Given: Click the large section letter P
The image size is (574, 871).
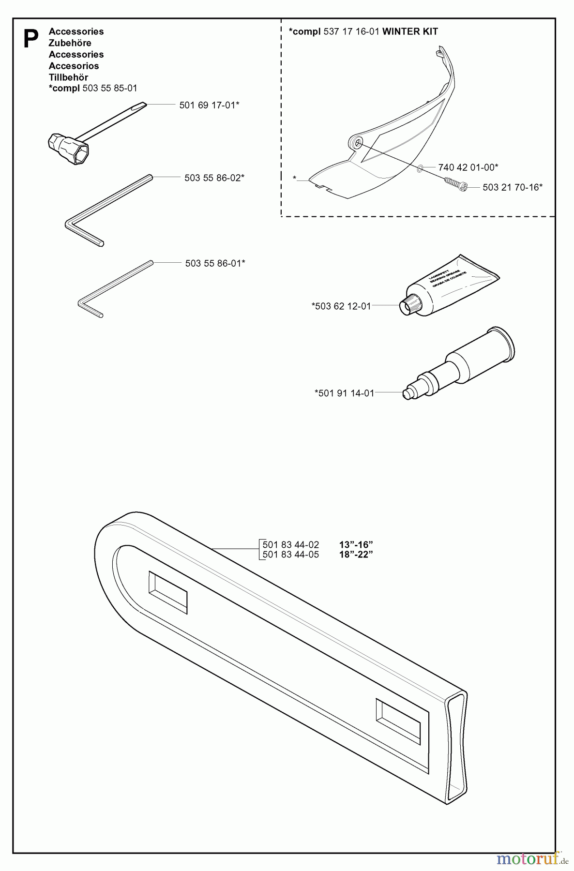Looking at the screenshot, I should tap(31, 39).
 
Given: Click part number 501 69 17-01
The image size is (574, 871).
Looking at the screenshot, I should tap(209, 105).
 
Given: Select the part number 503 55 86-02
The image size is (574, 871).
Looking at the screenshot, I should tap(214, 178).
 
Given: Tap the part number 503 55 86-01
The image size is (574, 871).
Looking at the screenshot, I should tap(215, 263).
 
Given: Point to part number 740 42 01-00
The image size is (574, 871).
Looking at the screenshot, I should tap(468, 167).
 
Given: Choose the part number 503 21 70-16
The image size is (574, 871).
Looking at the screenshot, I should tap(513, 187).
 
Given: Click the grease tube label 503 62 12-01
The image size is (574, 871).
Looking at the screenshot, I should tap(342, 306).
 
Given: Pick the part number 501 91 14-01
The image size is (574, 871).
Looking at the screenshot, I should tap(344, 393).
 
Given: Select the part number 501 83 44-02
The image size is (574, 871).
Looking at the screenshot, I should tap(290, 545).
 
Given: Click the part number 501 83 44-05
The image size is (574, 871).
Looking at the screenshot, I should tap(290, 555).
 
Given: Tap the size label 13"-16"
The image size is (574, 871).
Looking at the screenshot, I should tap(356, 545).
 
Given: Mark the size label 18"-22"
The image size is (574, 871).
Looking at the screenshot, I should tap(356, 555).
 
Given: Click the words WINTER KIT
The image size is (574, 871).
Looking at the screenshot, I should tap(410, 32).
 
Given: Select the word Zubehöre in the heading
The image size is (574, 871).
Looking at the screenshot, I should tap(70, 43).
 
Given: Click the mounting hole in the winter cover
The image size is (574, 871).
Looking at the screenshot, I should tap(357, 142).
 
